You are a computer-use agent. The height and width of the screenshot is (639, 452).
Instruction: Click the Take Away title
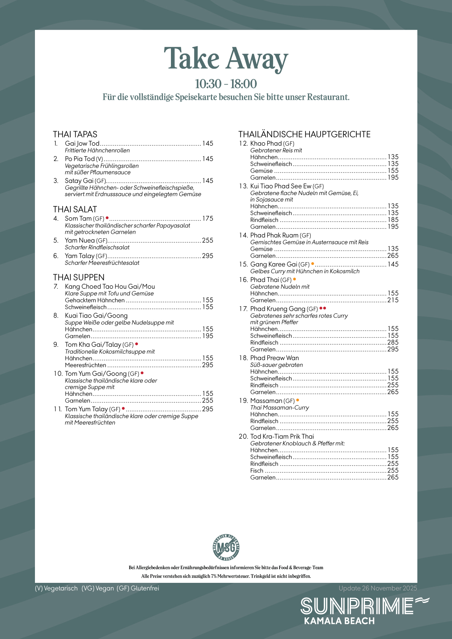tap(226, 59)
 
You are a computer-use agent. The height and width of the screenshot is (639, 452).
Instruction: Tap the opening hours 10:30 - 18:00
tap(226, 84)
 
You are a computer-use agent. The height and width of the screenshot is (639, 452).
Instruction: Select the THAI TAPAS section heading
tap(75, 134)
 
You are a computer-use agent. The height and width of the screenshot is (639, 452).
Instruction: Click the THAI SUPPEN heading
tap(79, 277)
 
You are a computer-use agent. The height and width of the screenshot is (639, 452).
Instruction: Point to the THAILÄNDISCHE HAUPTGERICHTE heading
tap(304, 134)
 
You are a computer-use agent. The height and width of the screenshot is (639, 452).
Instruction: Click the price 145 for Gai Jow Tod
tap(208, 143)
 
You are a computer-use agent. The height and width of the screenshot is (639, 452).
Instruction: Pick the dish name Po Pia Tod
tap(80, 159)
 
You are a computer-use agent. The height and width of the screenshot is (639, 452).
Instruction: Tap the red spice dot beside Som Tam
tap(107, 218)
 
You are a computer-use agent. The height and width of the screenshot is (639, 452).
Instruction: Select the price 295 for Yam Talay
tap(208, 256)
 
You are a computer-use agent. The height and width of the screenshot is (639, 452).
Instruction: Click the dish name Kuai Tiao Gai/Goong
tap(96, 315)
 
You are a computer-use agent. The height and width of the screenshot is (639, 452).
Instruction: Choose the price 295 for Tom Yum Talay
tap(208, 409)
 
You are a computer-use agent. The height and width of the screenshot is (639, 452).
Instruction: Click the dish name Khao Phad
tap(266, 143)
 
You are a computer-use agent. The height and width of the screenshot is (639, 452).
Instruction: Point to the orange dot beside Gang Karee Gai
tap(313, 263)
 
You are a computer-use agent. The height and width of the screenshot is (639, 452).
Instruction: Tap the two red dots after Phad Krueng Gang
tap(323, 308)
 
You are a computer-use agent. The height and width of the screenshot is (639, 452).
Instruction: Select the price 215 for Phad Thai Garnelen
tap(393, 300)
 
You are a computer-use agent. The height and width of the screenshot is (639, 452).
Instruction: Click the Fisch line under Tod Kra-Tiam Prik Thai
tap(257, 471)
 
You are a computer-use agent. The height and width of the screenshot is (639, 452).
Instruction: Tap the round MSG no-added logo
tap(226, 547)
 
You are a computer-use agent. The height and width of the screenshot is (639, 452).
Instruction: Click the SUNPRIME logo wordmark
tap(357, 606)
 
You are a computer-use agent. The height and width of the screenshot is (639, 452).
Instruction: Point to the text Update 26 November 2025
tap(378, 588)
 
